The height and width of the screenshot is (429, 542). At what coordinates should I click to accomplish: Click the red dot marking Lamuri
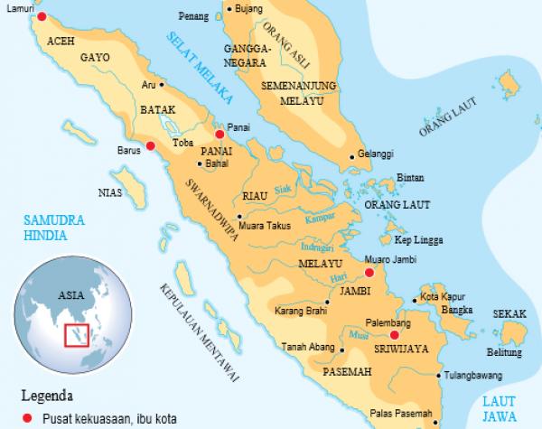[41, 16]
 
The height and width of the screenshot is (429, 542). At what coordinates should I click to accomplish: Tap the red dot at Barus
[151, 145]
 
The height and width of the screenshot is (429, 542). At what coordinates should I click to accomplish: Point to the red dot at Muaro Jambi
[368, 271]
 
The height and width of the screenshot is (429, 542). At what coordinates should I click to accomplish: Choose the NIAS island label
[110, 191]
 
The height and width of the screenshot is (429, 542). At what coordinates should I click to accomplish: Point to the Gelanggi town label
[376, 154]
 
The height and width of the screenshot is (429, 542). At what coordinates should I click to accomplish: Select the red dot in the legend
[28, 417]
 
